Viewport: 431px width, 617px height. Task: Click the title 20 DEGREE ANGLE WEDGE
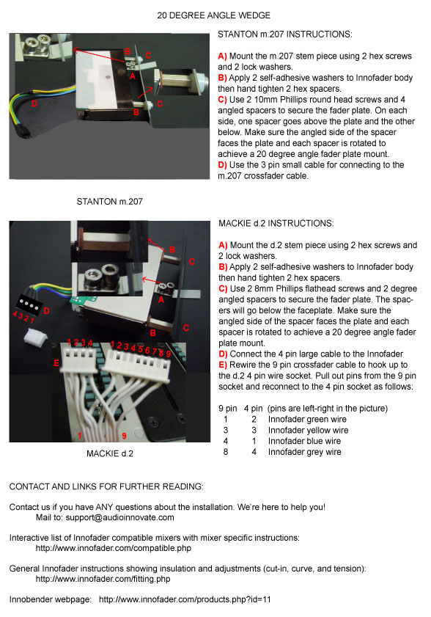pyautogui.click(x=213, y=15)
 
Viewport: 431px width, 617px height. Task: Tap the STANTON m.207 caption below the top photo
pyautogui.click(x=109, y=202)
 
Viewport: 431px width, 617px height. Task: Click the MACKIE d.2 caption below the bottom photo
pyautogui.click(x=110, y=453)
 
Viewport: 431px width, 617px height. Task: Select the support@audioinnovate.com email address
pyautogui.click(x=119, y=517)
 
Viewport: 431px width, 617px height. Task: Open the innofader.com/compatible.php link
pyautogui.click(x=114, y=548)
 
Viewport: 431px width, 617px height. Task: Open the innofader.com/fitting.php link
pyautogui.click(x=103, y=579)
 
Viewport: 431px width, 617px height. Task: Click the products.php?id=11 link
pyautogui.click(x=185, y=599)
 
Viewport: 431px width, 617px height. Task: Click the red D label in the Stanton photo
pyautogui.click(x=34, y=104)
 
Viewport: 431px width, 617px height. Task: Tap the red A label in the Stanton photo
pyautogui.click(x=133, y=76)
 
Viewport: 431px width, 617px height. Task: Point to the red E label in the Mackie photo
pyautogui.click(x=56, y=363)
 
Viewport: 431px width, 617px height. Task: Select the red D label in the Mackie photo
pyautogui.click(x=47, y=311)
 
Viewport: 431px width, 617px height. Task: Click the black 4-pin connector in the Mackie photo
pyautogui.click(x=29, y=304)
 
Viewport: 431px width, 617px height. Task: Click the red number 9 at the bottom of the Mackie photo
pyautogui.click(x=125, y=436)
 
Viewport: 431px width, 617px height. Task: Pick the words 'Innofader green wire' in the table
pyautogui.click(x=307, y=419)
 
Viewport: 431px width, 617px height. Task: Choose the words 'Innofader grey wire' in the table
pyautogui.click(x=304, y=452)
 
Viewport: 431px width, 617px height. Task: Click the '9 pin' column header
pyautogui.click(x=228, y=409)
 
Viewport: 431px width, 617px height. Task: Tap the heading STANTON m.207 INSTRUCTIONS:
pyautogui.click(x=285, y=34)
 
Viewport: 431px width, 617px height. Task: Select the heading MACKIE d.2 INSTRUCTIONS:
pyautogui.click(x=276, y=223)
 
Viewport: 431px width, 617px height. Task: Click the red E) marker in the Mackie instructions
pyautogui.click(x=223, y=365)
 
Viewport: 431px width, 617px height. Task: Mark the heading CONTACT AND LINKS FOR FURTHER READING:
pyautogui.click(x=106, y=486)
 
